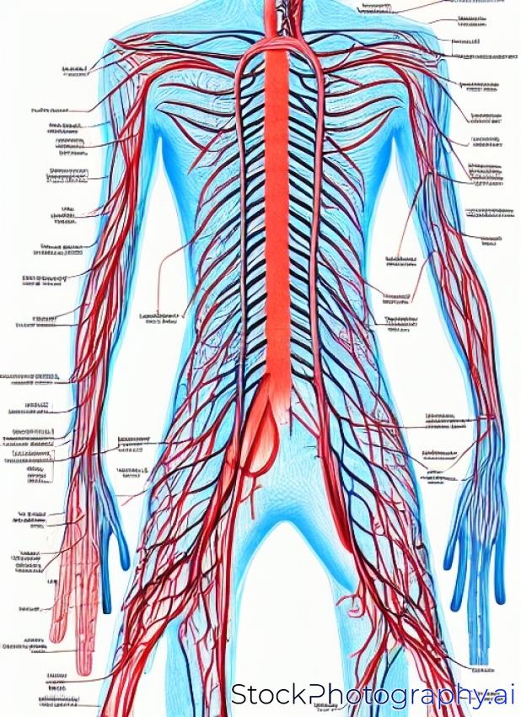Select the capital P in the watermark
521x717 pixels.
(x=317, y=695)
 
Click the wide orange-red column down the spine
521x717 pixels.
(x=278, y=211)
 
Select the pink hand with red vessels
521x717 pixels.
(x=72, y=582)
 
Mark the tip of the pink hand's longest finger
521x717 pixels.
(x=83, y=671)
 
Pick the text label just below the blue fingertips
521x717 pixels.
(x=483, y=671)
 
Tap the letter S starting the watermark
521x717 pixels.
(x=241, y=695)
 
